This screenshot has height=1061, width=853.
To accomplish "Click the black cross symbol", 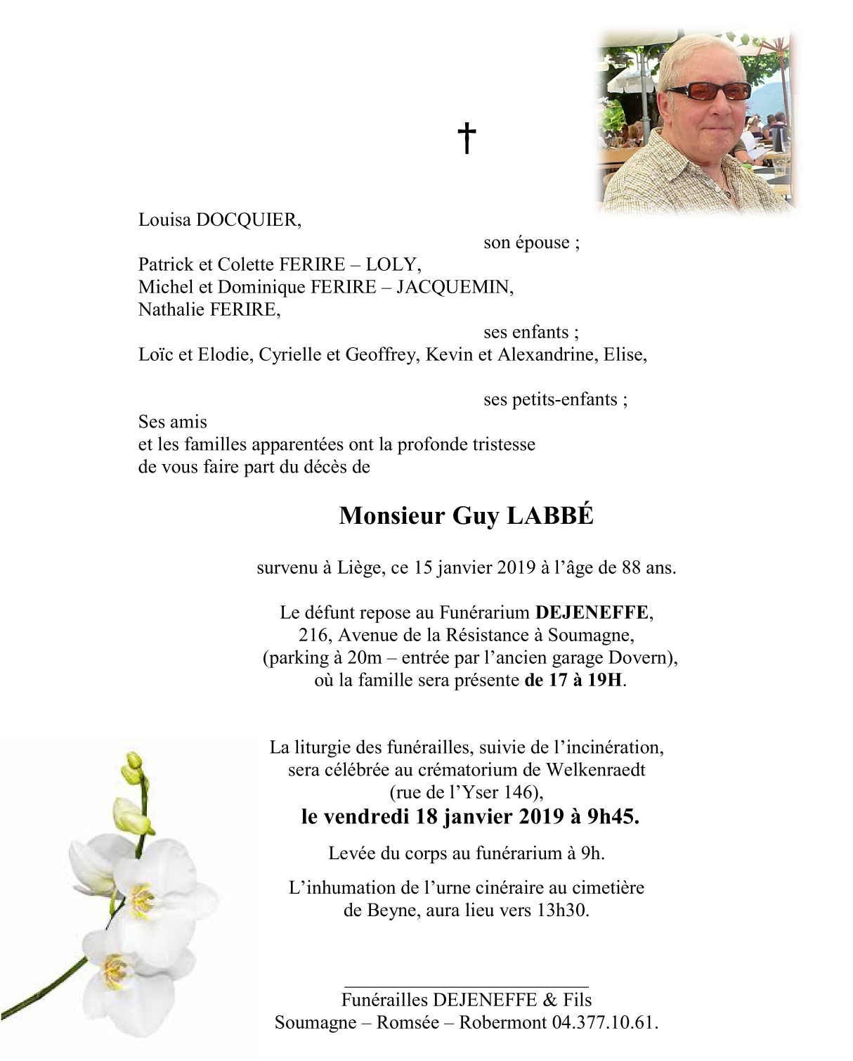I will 467,138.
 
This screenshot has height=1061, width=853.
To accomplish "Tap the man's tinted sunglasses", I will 708,91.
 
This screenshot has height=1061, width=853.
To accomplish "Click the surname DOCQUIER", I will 247,220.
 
